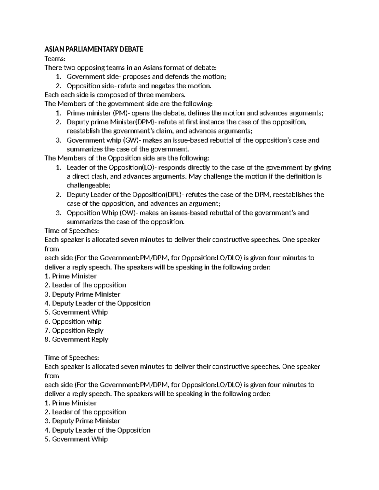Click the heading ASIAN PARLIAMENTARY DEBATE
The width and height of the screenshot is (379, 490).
tap(94, 49)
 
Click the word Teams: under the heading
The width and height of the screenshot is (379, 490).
tap(55, 59)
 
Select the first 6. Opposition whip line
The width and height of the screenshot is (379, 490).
tap(73, 322)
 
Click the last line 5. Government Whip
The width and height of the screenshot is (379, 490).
tap(76, 440)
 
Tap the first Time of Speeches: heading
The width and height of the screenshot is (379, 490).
tap(72, 231)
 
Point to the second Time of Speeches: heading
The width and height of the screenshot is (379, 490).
tap(72, 358)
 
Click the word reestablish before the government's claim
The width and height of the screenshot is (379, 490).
tap(83, 131)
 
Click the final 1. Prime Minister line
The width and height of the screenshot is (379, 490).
tap(70, 403)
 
